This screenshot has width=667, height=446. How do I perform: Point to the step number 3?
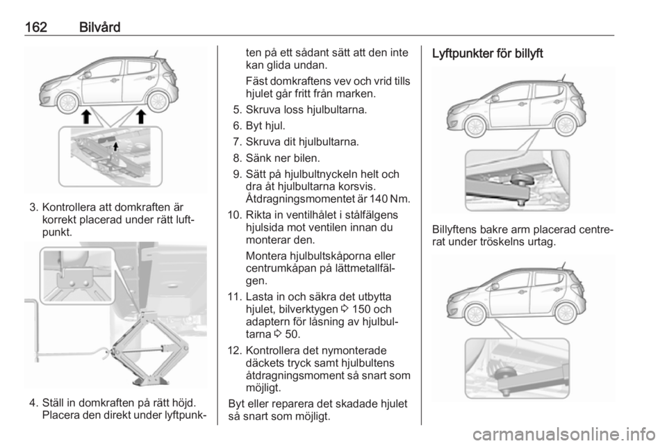click(x=32, y=206)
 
